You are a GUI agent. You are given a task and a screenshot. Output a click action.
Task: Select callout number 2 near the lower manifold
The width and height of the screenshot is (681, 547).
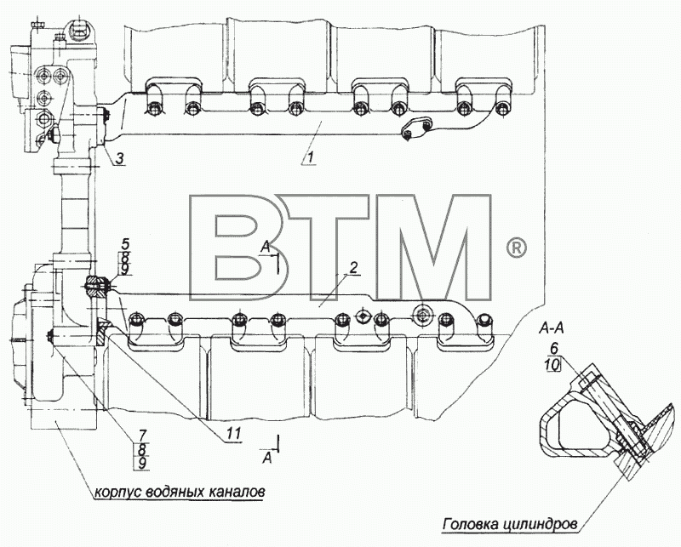(x=353, y=267)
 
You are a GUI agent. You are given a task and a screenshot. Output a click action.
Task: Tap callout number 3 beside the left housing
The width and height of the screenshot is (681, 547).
(x=120, y=158)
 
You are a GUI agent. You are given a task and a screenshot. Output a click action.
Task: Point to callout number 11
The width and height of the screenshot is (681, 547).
(x=233, y=433)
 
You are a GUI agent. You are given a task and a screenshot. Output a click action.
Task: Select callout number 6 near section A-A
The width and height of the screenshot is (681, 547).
(x=553, y=349)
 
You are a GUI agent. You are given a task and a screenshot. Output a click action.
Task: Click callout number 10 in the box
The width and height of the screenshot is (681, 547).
(x=552, y=365)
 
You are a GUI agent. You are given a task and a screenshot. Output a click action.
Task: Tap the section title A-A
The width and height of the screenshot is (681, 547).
(x=551, y=329)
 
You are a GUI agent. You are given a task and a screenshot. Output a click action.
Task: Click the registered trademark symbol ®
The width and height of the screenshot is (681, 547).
(x=517, y=248)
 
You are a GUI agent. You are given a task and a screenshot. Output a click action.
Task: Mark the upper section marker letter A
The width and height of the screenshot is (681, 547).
(x=266, y=248)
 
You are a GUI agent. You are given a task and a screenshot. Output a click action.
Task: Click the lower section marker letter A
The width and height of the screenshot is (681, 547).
(x=267, y=458)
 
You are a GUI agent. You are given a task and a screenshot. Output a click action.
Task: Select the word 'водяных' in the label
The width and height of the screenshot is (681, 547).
(x=175, y=493)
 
